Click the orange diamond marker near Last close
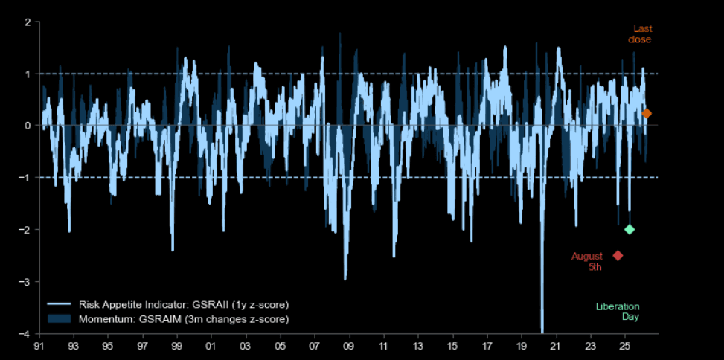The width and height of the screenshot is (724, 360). [x=647, y=114]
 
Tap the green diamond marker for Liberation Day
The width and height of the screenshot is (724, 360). [x=630, y=229]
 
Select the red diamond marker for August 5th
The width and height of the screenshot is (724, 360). [x=618, y=256]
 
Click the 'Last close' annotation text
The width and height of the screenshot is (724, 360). [x=640, y=34]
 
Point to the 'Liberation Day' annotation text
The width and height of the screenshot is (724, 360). [x=618, y=312]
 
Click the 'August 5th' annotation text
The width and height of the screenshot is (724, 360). [x=587, y=261]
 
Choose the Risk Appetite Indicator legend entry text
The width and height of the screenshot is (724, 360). [x=182, y=305]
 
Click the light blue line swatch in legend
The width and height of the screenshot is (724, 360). [x=59, y=305]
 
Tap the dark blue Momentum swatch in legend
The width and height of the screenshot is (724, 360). [x=59, y=318]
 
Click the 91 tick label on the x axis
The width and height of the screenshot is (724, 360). [x=39, y=346]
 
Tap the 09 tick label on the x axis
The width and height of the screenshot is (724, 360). [x=349, y=346]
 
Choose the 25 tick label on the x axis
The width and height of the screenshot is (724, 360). [x=625, y=346]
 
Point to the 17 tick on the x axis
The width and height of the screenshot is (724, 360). [x=487, y=346]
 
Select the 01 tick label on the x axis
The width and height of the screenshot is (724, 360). [x=211, y=346]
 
